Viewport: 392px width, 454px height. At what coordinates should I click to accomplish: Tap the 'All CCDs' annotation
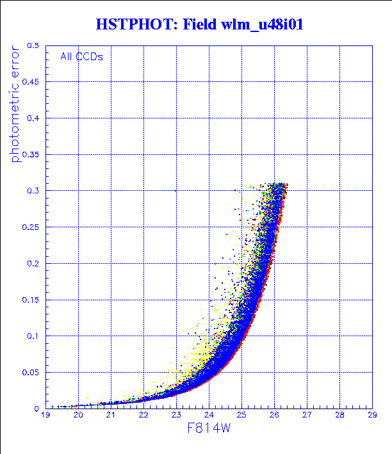click(x=81, y=56)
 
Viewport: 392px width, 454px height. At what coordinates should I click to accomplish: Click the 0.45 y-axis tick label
click(x=31, y=82)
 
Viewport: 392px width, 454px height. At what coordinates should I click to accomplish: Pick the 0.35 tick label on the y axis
click(x=31, y=155)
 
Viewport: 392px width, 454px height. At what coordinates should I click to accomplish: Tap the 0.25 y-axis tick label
click(x=31, y=227)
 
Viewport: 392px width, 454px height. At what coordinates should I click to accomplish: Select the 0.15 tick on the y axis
click(x=31, y=300)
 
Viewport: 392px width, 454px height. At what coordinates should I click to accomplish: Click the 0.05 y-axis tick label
click(x=31, y=372)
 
